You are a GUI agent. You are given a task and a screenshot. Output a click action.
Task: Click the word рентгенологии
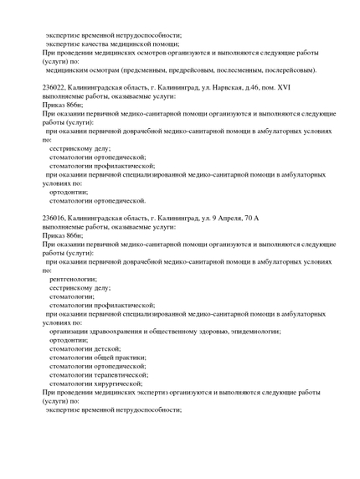(x=74, y=278)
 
